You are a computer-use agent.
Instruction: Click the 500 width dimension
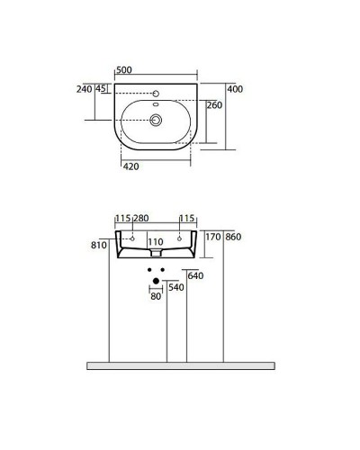pyautogui.click(x=125, y=69)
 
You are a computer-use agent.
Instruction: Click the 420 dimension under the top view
pyautogui.click(x=130, y=166)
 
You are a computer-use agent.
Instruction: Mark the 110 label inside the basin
pyautogui.click(x=155, y=242)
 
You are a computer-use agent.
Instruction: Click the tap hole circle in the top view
pyautogui.click(x=157, y=92)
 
